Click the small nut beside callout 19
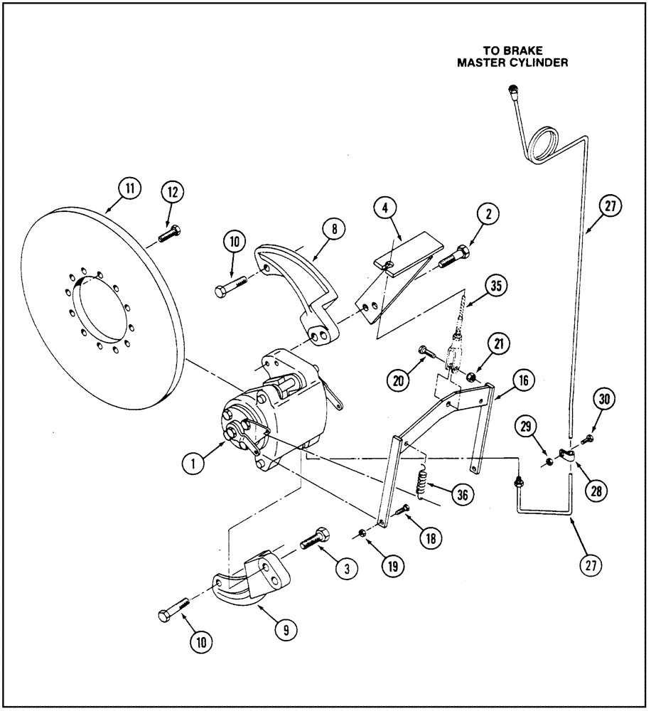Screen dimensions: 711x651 [362, 534]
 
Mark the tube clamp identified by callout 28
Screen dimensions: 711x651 [566, 454]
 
